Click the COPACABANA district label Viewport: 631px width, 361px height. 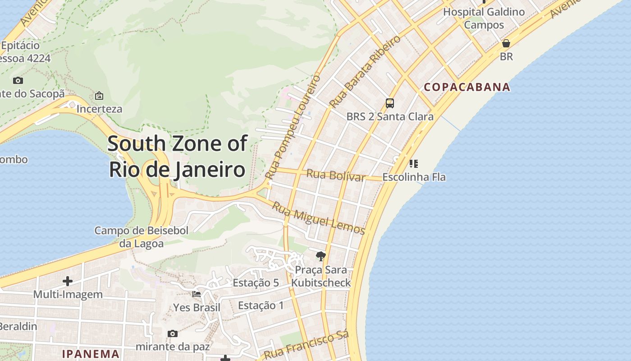point(467,87)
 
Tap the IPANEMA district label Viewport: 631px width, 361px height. point(91,354)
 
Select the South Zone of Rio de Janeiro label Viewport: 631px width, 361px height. point(177,157)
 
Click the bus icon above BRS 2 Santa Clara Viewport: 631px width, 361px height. point(390,103)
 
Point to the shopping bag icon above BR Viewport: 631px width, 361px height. point(506,43)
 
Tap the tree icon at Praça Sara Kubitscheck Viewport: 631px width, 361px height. point(320,257)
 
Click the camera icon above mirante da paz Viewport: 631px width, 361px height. point(172,333)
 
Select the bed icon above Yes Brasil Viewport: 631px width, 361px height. point(197,294)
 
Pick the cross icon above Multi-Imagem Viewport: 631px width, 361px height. point(68,281)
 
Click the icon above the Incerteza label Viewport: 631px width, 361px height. point(99,96)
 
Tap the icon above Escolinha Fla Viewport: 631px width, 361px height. point(413,163)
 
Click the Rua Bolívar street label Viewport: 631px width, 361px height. point(336,175)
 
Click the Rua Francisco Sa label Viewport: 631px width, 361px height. point(306,346)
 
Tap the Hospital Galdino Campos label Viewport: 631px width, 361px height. point(484,18)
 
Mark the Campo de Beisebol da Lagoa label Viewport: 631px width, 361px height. point(142,237)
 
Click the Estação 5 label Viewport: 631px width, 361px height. point(256,283)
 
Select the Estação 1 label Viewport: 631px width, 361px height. point(261,305)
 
